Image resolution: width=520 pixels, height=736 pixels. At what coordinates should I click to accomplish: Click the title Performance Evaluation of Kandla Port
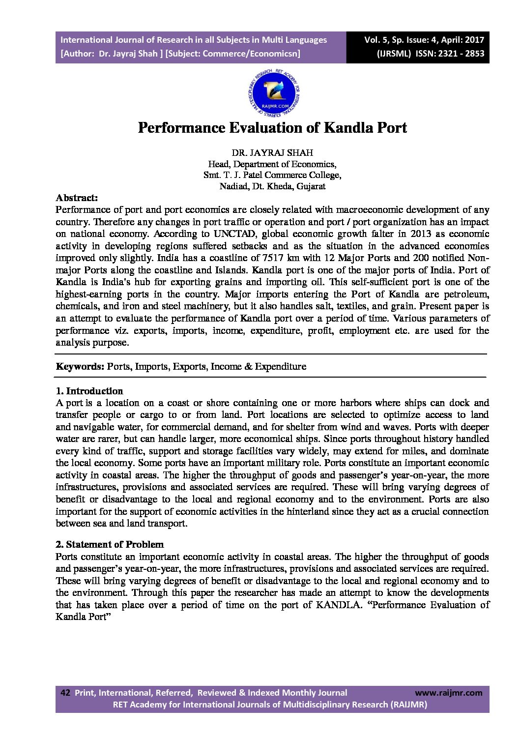click(x=272, y=128)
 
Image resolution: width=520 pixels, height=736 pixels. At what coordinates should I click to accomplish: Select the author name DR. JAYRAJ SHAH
click(x=272, y=153)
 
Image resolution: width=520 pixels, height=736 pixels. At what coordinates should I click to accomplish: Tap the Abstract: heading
click(x=77, y=198)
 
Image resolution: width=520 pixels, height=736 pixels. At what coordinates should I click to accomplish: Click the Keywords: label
click(x=80, y=366)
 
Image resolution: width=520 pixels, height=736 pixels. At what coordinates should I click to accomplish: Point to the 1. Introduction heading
click(x=89, y=391)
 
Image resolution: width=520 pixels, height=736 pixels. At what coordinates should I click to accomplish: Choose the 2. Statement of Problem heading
click(x=110, y=544)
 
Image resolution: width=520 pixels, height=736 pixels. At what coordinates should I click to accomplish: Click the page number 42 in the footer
click(x=65, y=693)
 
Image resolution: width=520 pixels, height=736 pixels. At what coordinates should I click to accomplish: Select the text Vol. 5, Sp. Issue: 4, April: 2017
click(x=424, y=40)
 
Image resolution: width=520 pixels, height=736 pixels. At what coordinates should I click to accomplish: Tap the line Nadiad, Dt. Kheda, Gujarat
click(x=272, y=186)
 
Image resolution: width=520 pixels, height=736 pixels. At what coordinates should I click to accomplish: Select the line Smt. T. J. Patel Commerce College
click(x=272, y=175)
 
